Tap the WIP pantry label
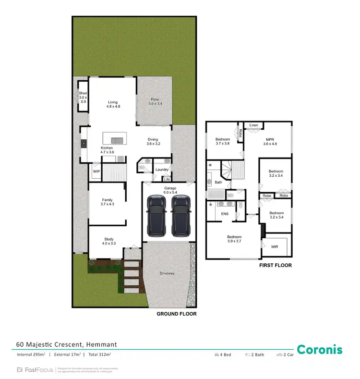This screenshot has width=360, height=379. coord(96,171)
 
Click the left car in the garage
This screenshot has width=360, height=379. coord(156,215)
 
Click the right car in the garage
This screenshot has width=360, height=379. coord(180,215)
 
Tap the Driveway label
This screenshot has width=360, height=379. coord(168,273)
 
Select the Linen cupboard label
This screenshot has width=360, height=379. coord(253,125)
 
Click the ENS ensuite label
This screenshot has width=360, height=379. coord(224,214)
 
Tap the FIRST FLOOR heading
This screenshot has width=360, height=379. coord(276,265)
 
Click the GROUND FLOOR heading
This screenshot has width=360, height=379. coord(177,314)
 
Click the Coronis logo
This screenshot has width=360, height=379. coord(319,350)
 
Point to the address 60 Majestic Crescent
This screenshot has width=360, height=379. coord(66,344)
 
